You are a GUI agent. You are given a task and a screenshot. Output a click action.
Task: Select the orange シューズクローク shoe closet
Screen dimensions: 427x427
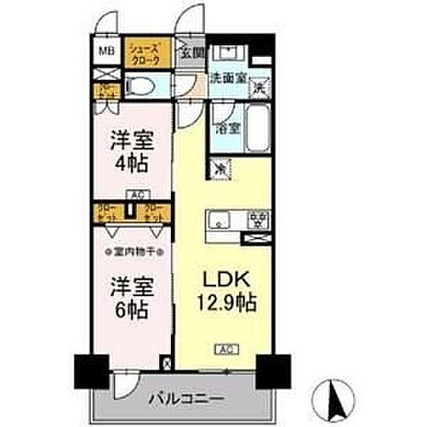[144, 53]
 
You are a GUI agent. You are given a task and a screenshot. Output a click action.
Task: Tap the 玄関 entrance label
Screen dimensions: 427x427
[192, 53]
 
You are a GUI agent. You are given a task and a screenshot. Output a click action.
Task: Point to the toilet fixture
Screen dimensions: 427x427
[142, 87]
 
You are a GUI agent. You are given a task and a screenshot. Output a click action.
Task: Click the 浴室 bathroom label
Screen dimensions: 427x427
[228, 128]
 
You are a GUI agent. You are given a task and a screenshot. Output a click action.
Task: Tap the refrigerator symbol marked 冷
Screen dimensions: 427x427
[219, 167]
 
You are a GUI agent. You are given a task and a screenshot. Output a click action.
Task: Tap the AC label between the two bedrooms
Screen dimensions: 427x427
[136, 194]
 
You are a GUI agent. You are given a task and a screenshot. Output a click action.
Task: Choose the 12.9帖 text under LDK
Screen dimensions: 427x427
[226, 302]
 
